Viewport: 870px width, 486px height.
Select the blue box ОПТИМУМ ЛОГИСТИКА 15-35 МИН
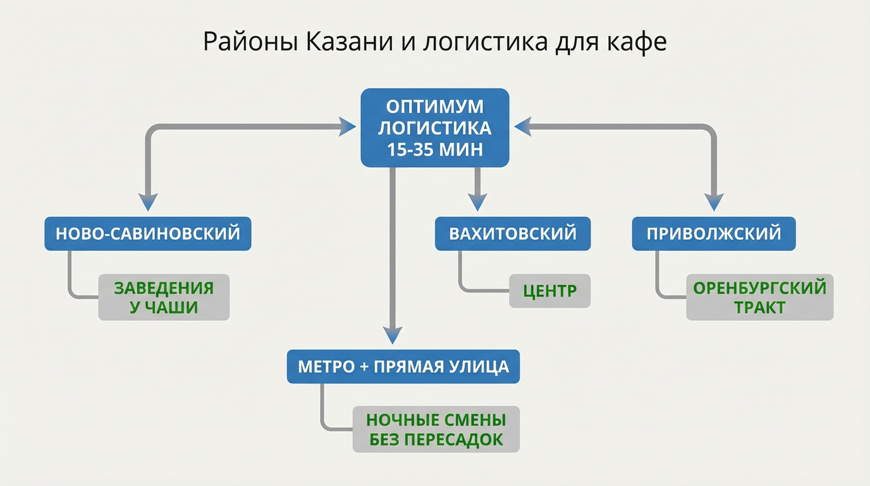[x=434, y=128]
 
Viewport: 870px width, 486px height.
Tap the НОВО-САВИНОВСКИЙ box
[x=147, y=234]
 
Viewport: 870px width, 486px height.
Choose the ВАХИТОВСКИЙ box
[x=513, y=234]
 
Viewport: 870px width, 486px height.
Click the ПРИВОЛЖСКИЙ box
[x=714, y=234]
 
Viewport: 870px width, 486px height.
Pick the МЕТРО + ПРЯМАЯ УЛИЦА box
[x=403, y=366]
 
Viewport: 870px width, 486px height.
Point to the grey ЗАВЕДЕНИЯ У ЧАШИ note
[x=164, y=297]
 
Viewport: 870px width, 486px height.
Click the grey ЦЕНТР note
[x=549, y=291]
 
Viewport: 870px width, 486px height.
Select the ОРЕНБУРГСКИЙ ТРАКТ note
[x=759, y=297]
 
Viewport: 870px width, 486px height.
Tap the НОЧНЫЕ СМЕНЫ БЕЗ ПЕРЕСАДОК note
[x=436, y=429]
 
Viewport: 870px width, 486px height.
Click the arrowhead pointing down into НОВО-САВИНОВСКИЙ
[x=147, y=201]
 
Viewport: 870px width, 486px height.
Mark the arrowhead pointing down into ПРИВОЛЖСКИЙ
[x=714, y=201]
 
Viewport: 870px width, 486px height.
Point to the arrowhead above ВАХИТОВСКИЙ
[x=477, y=201]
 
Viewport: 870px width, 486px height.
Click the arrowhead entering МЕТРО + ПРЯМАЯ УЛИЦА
[x=393, y=334]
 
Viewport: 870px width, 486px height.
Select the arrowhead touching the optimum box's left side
[x=347, y=127]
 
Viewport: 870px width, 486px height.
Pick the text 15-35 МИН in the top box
[x=434, y=150]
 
